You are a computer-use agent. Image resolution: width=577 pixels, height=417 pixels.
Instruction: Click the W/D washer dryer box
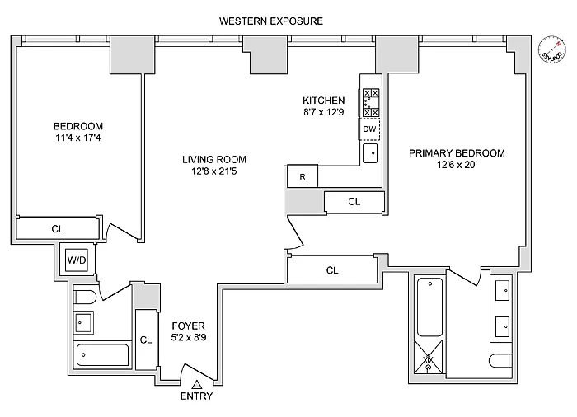(77, 261)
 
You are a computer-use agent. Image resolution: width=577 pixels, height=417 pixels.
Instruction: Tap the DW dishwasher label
(370, 129)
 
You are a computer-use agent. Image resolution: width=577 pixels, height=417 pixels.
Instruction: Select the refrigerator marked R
(303, 176)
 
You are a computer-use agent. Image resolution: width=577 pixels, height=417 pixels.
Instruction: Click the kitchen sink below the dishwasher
(370, 152)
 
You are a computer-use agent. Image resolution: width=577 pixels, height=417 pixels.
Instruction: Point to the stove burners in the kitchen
(370, 102)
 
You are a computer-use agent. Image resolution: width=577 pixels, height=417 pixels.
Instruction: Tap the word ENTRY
(195, 396)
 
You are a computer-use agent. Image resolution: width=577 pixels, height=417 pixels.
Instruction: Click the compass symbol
(550, 49)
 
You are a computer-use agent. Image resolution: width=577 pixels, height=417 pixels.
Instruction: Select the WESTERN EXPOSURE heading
(271, 20)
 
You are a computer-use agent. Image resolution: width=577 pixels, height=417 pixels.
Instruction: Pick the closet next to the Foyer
(146, 339)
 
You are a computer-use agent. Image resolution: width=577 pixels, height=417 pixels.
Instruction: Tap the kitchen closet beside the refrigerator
(354, 201)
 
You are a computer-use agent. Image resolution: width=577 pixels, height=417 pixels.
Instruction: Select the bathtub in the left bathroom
(103, 355)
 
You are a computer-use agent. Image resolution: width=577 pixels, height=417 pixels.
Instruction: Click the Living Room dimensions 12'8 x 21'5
(214, 171)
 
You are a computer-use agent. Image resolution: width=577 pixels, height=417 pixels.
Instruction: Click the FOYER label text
(188, 326)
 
